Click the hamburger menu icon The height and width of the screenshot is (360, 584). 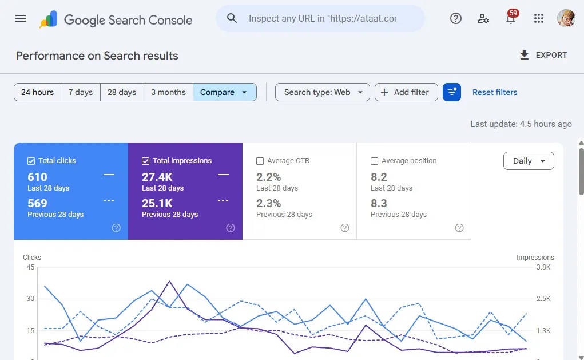coord(21,18)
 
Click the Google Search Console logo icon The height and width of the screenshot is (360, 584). coord(49,19)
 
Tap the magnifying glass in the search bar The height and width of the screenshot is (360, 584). coord(232,18)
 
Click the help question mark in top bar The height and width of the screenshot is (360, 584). coord(455,18)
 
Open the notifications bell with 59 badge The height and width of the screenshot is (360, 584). coord(511,18)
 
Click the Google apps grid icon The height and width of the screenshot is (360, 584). coord(539,18)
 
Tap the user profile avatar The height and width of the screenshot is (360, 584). coord(566,18)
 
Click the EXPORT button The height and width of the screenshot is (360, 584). coord(543,55)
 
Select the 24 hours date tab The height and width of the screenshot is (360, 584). coord(37,92)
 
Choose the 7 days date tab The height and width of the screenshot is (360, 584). coord(81,92)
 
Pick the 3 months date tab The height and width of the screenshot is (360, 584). coord(168,92)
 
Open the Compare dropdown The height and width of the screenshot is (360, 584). coord(225,92)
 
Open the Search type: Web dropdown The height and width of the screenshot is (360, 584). coord(323,92)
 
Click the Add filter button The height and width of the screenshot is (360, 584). coord(406,92)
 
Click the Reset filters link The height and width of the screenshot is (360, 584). coord(495,92)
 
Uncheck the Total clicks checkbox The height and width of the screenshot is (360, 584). coord(31,161)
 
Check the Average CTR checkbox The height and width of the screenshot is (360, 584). coord(260,161)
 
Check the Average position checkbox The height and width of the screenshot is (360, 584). coord(374,161)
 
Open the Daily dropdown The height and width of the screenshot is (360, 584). coord(529,161)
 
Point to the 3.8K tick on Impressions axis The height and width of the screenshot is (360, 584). coord(543,267)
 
